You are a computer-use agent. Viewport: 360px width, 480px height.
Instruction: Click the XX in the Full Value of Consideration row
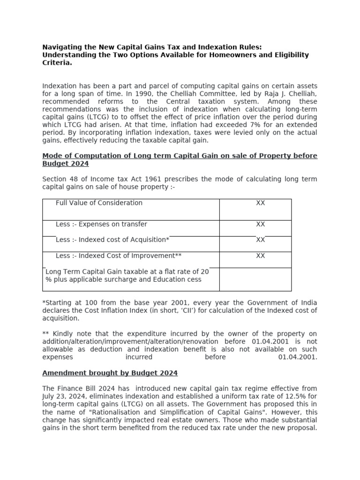pyautogui.click(x=260, y=203)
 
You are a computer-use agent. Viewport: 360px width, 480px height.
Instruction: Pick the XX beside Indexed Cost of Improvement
pyautogui.click(x=260, y=256)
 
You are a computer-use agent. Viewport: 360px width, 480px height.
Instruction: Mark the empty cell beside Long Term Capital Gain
pyautogui.click(x=255, y=279)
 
